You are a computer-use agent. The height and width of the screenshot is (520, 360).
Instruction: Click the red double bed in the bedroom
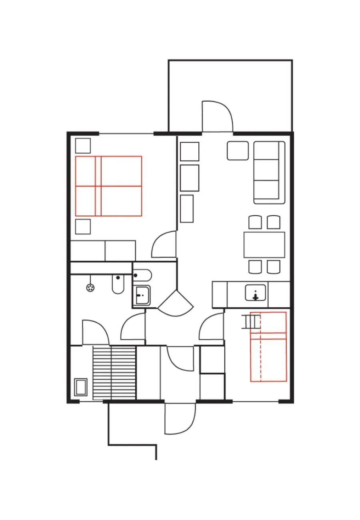(x=109, y=186)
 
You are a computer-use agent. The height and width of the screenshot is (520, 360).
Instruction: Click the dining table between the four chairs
(x=264, y=245)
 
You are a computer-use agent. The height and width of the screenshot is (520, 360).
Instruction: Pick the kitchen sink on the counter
(x=255, y=293)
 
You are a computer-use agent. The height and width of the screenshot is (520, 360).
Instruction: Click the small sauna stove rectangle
(x=81, y=387)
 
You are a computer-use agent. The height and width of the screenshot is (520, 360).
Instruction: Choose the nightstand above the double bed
(x=83, y=146)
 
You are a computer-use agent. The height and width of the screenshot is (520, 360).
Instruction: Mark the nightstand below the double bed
(x=83, y=226)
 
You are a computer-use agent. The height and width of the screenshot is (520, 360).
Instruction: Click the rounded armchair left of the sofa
(x=238, y=151)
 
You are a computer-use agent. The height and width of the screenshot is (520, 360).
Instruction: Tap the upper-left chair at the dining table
(x=255, y=222)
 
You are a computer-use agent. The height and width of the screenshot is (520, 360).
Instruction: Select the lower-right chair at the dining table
(x=274, y=267)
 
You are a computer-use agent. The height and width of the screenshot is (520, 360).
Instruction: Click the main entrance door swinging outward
(x=180, y=418)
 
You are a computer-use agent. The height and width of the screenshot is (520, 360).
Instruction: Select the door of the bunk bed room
(x=211, y=326)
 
